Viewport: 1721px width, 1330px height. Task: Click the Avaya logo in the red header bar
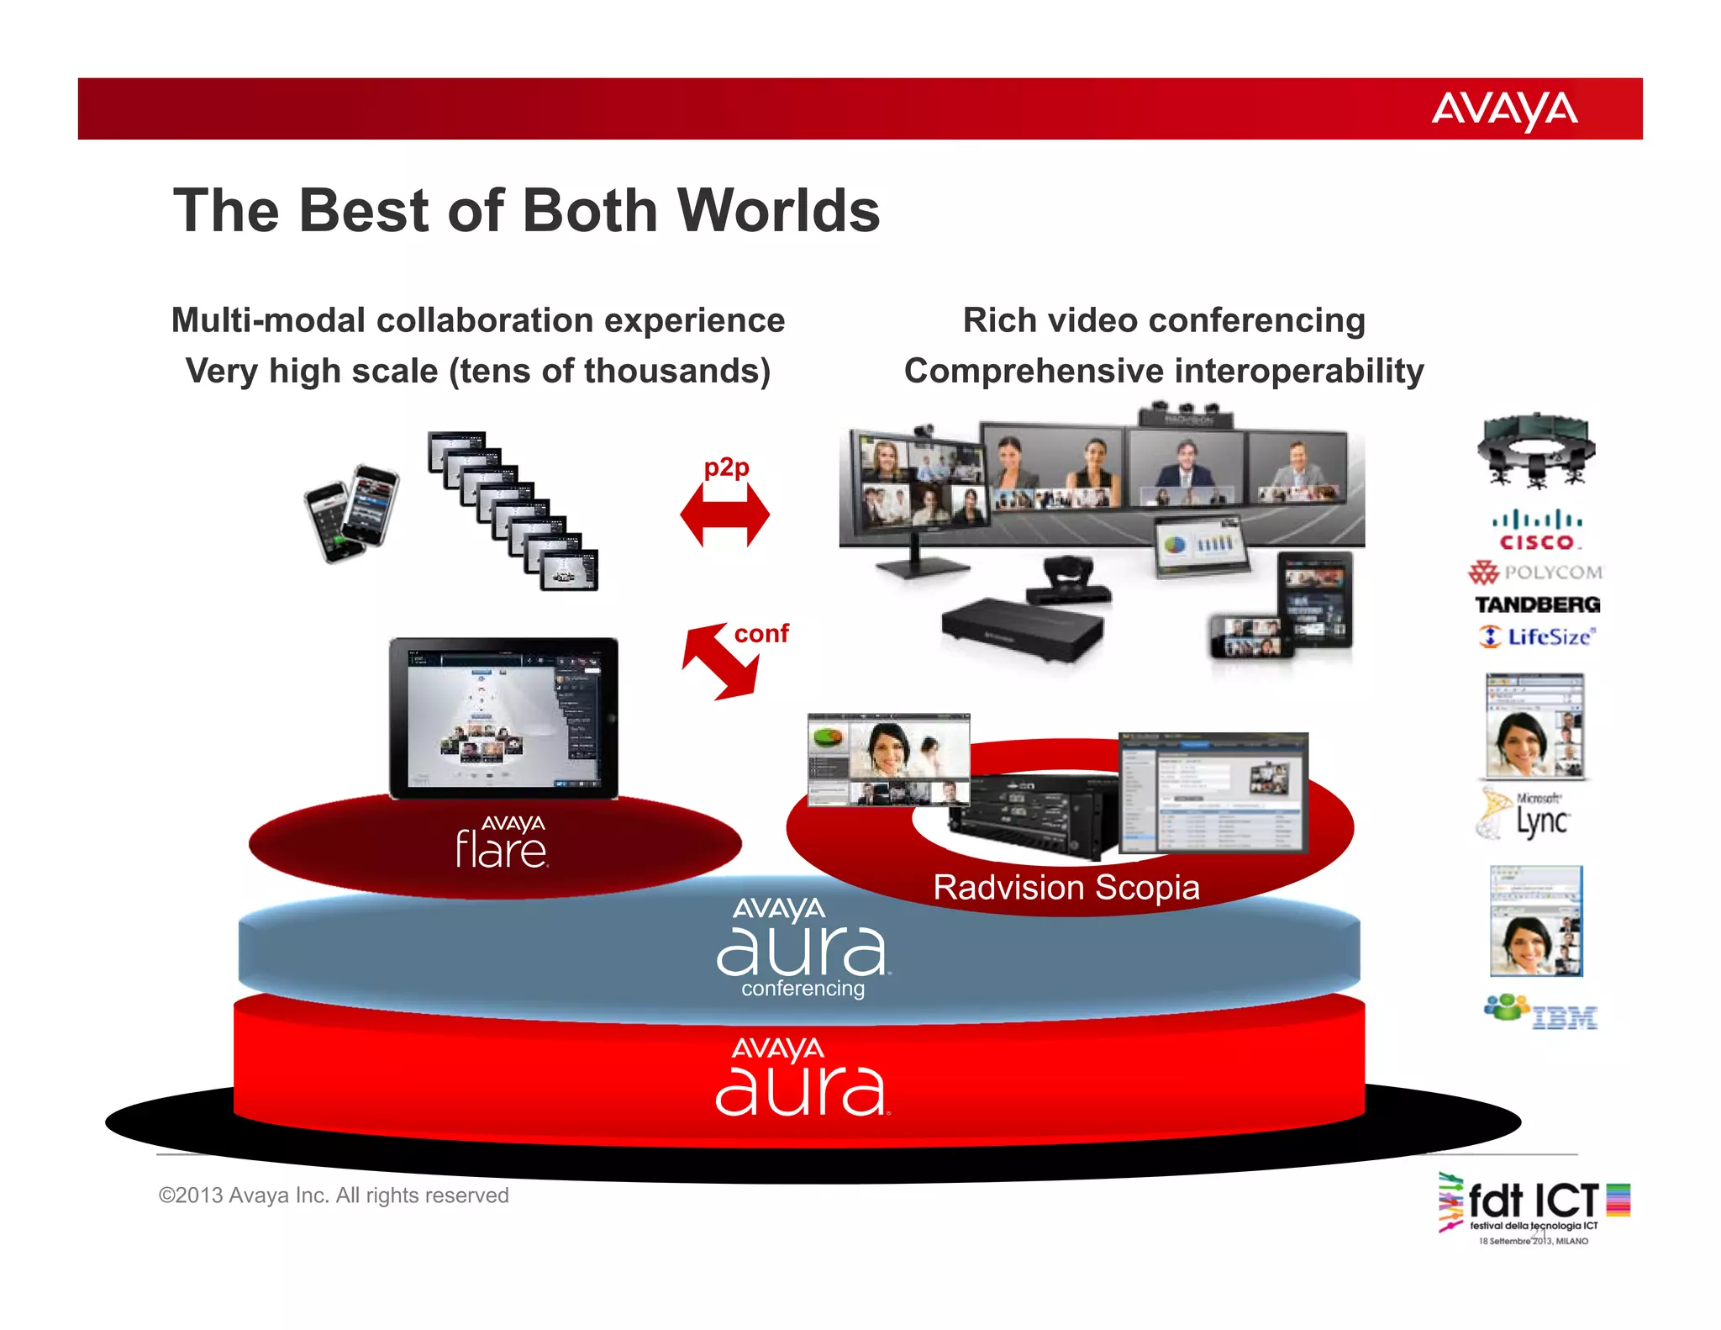tap(1504, 110)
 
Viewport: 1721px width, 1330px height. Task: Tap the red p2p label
tap(726, 467)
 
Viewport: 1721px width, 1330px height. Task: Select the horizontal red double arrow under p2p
tap(724, 515)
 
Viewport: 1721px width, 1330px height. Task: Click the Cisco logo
tap(1537, 530)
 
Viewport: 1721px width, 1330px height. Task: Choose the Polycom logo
tap(1535, 573)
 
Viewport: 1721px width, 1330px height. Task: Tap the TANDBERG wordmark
tap(1537, 604)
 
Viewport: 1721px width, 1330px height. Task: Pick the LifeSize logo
tap(1537, 636)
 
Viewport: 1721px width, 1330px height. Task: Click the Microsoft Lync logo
tap(1525, 814)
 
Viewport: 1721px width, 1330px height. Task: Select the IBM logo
tap(1541, 1012)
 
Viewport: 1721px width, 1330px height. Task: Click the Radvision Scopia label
tap(1066, 888)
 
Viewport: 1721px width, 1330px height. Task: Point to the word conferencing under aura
tap(803, 989)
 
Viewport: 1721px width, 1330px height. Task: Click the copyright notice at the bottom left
tap(334, 1195)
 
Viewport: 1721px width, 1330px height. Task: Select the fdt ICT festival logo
tap(1534, 1207)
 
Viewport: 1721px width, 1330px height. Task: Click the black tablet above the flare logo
tap(503, 718)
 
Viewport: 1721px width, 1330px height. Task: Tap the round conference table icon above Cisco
tap(1536, 451)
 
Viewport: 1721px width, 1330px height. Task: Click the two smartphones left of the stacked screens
tap(350, 512)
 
